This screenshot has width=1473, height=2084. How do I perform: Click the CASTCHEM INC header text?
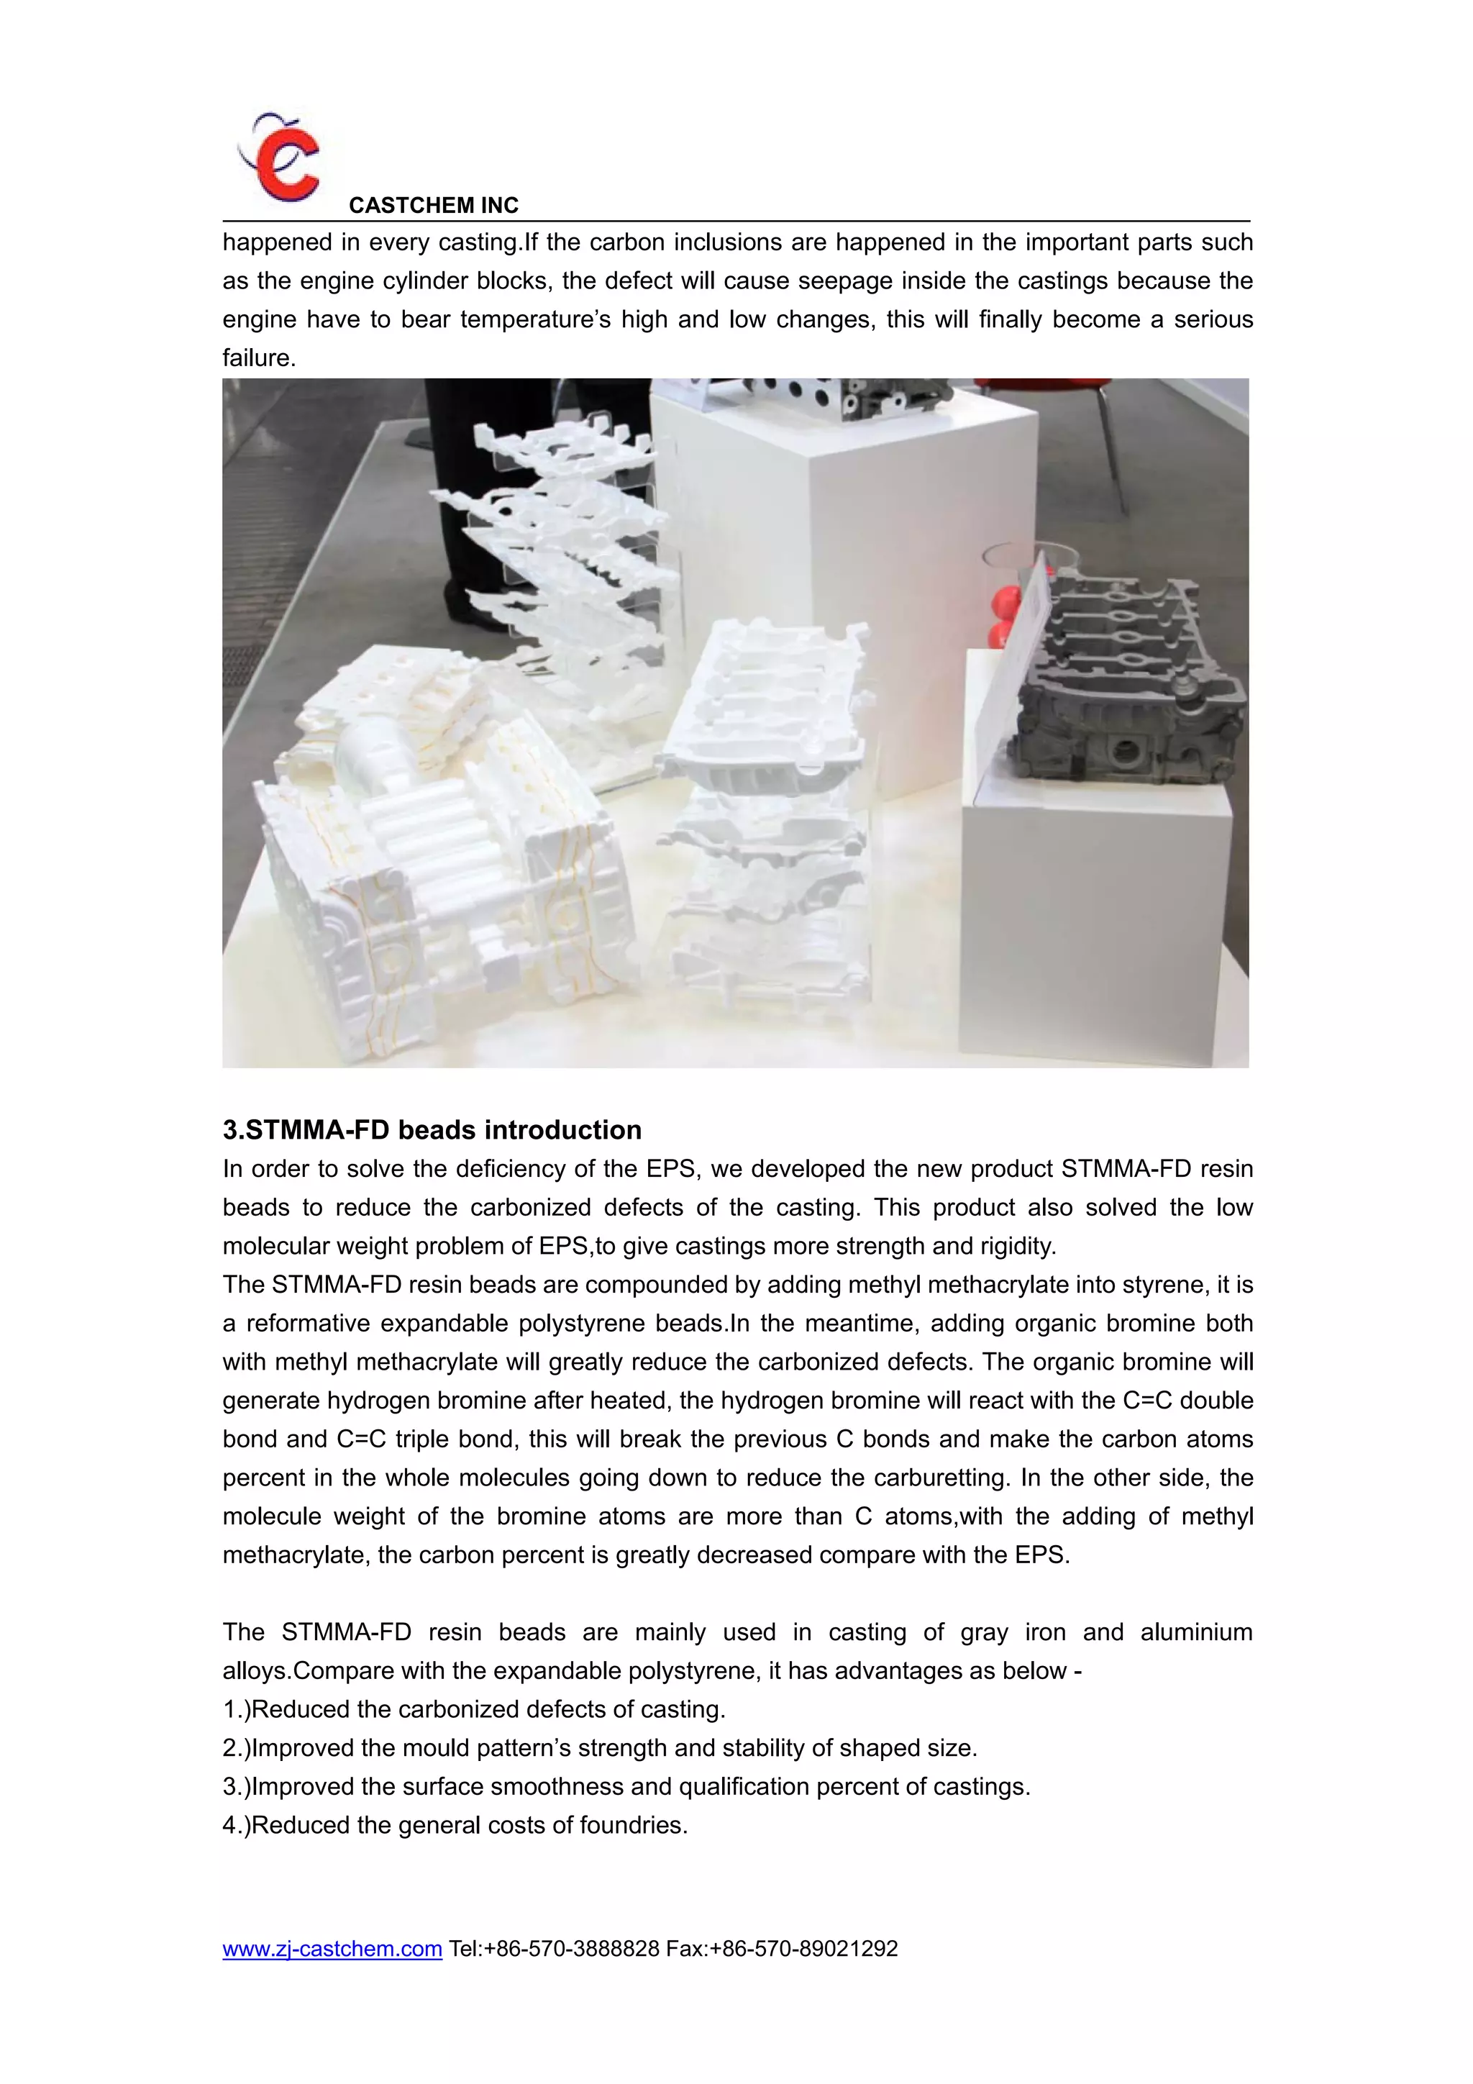point(433,205)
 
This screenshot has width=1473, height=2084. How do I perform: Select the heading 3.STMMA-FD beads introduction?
point(432,1130)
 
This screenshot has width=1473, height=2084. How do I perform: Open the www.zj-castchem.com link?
point(332,1949)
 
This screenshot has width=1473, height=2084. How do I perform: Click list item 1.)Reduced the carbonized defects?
point(474,1709)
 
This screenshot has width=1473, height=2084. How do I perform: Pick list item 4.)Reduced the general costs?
point(455,1825)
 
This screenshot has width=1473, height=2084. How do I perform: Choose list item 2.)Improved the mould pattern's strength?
point(599,1748)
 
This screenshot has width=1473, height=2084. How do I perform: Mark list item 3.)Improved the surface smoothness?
point(626,1786)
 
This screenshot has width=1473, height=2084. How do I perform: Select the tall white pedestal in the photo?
point(844,581)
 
